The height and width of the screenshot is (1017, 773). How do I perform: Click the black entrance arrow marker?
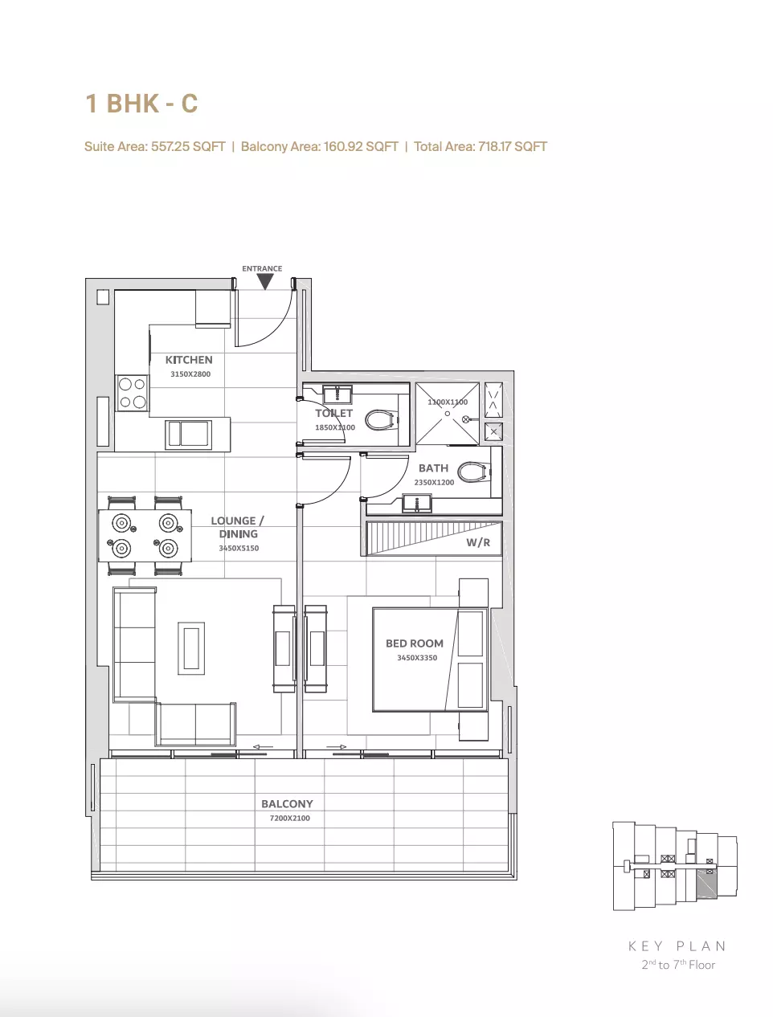pos(264,281)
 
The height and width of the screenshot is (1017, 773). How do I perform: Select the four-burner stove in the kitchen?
pos(133,393)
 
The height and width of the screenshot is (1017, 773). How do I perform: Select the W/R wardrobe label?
pos(478,542)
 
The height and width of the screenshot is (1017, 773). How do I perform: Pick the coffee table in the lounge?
pos(191,647)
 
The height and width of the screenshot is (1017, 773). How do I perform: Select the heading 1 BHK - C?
pos(141,104)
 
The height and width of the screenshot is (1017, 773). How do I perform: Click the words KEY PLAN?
pos(677,946)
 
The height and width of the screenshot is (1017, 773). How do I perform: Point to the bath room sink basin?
pos(416,503)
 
